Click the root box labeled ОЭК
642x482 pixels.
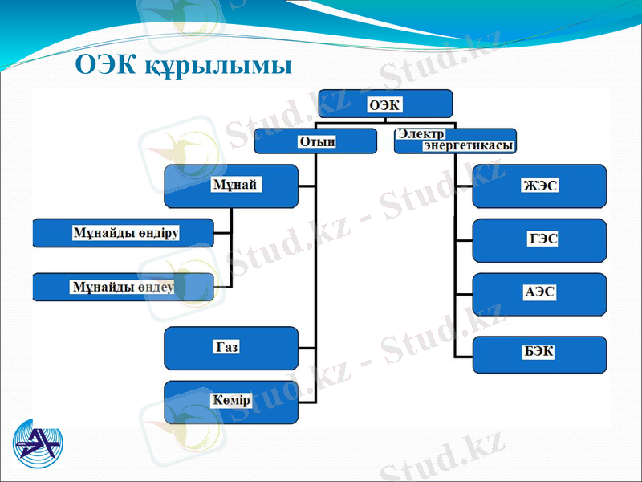pos(385,104)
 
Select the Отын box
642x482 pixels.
pos(315,141)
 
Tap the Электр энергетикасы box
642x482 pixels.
pos(455,141)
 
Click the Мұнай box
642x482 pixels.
pos(230,186)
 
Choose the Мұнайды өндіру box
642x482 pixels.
pos(124,232)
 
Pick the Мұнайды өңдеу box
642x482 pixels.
pos(124,287)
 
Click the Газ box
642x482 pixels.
pos(231,348)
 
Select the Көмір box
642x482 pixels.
pos(231,402)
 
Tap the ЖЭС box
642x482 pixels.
pos(539,186)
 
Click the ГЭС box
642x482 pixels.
pos(539,240)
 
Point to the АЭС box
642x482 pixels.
pos(539,293)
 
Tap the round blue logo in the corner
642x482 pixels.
pos(38,444)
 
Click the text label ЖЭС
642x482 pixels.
pos(539,186)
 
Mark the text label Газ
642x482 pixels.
pos(227,347)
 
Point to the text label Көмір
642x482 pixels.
pos(232,400)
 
